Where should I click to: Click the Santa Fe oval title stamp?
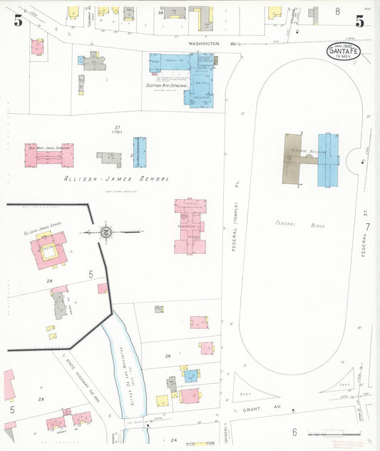pyautogui.click(x=344, y=51)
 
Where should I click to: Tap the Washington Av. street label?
pyautogui.click(x=212, y=44)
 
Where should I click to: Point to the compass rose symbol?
pyautogui.click(x=105, y=231)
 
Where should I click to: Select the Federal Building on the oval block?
pyautogui.click(x=314, y=158)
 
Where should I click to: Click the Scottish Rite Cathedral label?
pyautogui.click(x=166, y=85)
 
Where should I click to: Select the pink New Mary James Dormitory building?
pyautogui.click(x=48, y=154)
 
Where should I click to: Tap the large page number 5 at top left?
pyautogui.click(x=18, y=21)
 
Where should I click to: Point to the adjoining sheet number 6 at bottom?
pyautogui.click(x=294, y=432)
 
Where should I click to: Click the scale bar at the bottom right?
pyautogui.click(x=326, y=434)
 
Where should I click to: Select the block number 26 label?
pyautogui.click(x=168, y=355)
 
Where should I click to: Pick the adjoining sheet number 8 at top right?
pyautogui.click(x=337, y=11)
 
